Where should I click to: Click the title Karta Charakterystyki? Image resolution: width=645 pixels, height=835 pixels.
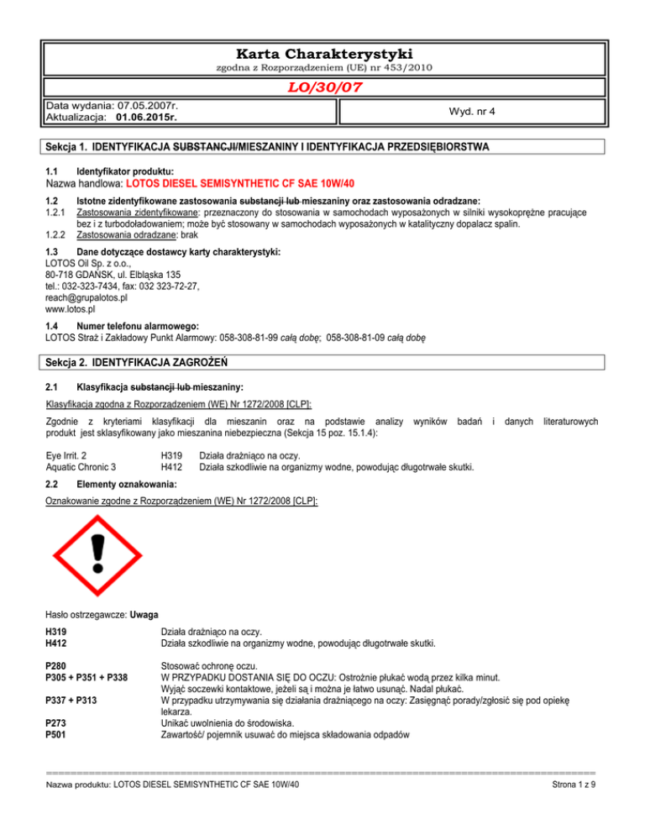(x=322, y=52)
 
